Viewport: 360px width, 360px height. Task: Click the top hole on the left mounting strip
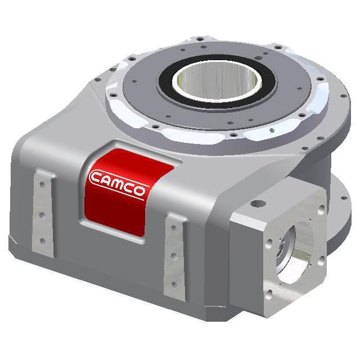(x=41, y=188)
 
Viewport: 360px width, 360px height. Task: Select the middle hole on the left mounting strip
(x=41, y=214)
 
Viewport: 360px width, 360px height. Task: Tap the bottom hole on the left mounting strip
(x=42, y=241)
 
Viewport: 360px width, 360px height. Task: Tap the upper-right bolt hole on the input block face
(x=321, y=209)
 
